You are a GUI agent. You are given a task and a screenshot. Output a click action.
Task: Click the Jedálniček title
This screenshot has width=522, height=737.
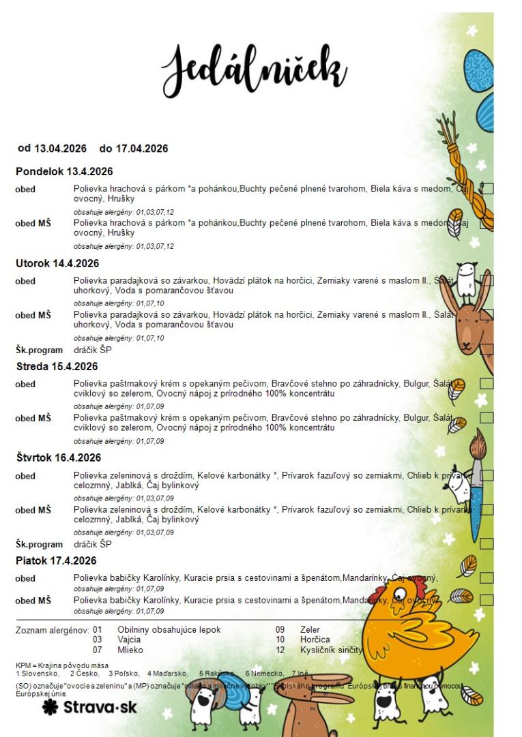pyautogui.click(x=254, y=68)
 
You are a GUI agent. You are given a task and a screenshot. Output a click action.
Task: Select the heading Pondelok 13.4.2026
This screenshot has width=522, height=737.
pyautogui.click(x=64, y=171)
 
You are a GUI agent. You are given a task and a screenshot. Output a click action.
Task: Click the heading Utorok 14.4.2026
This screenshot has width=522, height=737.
pyautogui.click(x=57, y=263)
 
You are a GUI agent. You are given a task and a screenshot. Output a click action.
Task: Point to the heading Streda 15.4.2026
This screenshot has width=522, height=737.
pyautogui.click(x=57, y=366)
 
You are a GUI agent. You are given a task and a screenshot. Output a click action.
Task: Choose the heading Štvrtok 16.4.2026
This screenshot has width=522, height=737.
pyautogui.click(x=59, y=457)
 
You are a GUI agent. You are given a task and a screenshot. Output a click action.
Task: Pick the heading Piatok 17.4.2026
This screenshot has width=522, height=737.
pyautogui.click(x=56, y=560)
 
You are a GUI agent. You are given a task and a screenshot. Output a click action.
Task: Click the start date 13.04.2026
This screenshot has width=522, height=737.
pyautogui.click(x=61, y=148)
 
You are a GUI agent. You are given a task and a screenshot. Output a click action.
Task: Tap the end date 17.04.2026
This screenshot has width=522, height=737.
pyautogui.click(x=143, y=148)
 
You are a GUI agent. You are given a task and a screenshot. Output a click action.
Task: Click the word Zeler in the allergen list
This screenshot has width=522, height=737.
pyautogui.click(x=310, y=629)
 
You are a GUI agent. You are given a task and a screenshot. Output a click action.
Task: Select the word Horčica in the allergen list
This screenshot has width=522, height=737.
pyautogui.click(x=315, y=640)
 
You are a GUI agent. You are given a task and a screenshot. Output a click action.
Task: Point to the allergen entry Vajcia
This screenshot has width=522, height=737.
pyautogui.click(x=129, y=640)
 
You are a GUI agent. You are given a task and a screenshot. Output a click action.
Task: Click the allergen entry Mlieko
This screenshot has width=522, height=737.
pyautogui.click(x=130, y=650)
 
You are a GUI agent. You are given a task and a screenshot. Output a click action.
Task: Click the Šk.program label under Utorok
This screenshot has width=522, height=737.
pyautogui.click(x=39, y=350)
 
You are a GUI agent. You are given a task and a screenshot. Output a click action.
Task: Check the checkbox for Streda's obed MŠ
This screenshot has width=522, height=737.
pyautogui.click(x=487, y=417)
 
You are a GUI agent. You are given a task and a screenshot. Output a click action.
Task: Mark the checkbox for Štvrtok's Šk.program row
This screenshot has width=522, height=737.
pyautogui.click(x=487, y=544)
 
